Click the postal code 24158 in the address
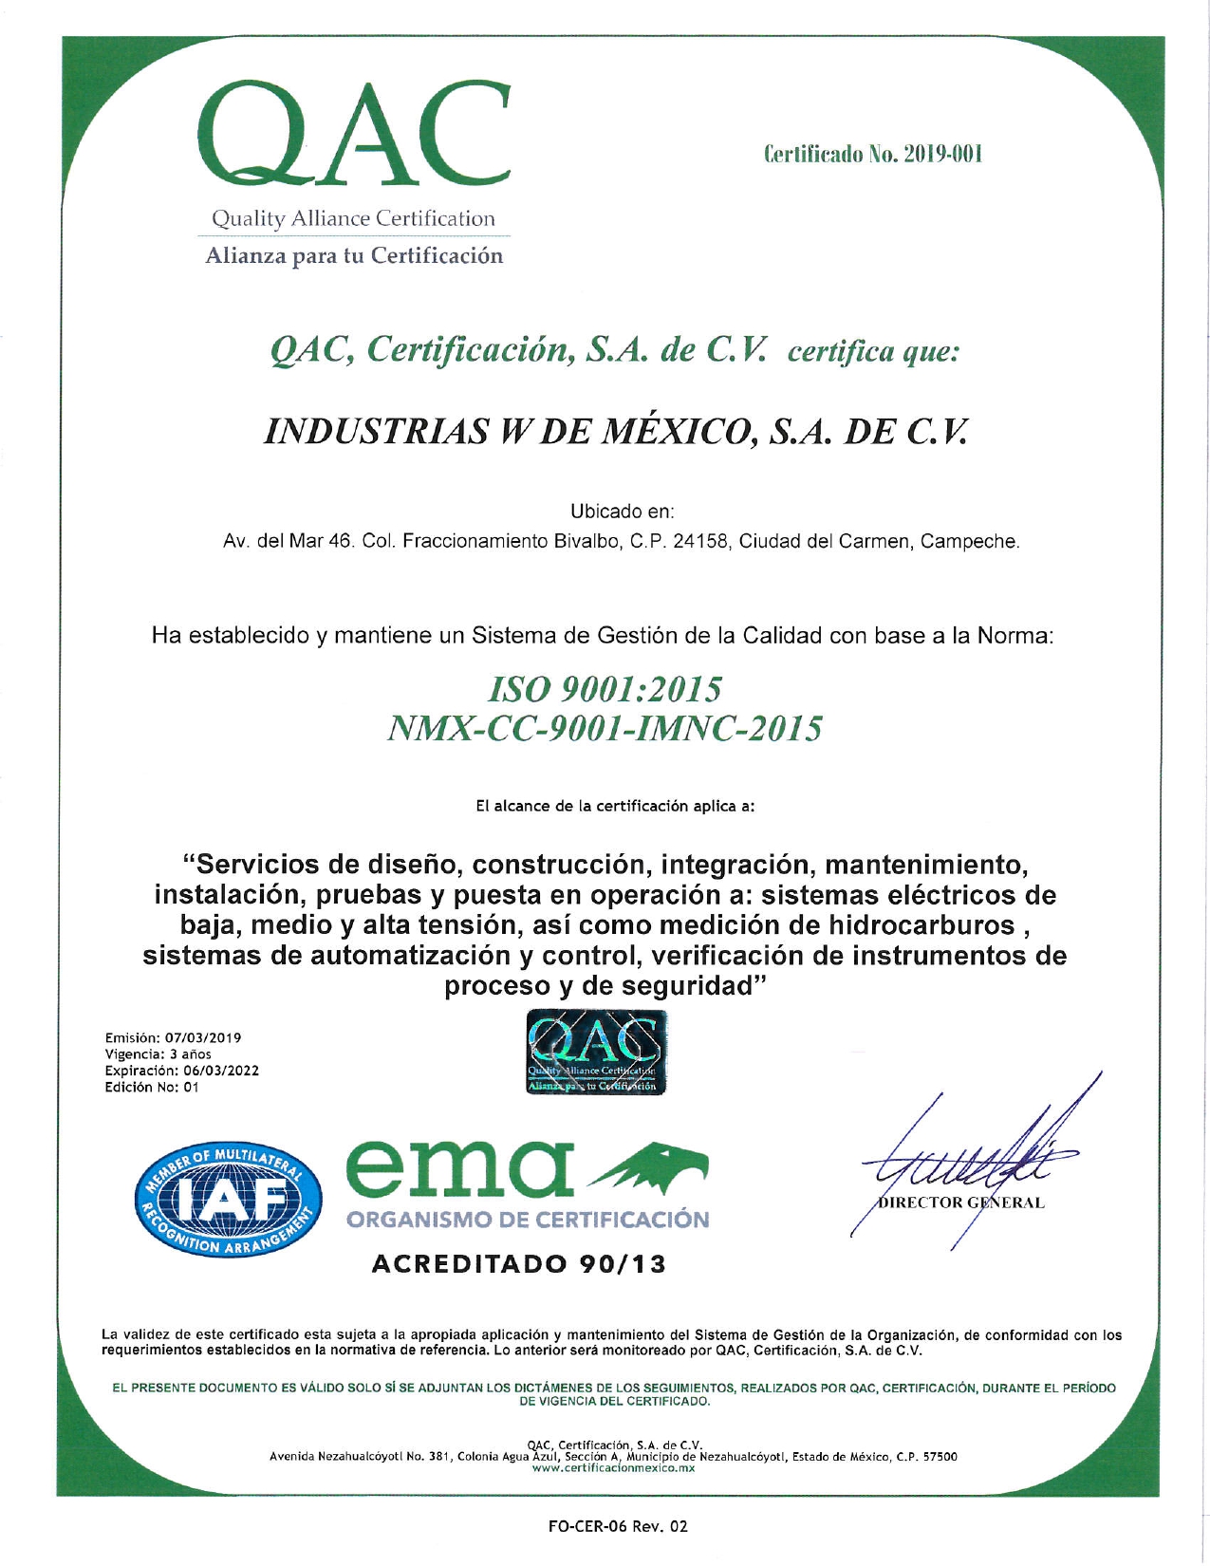[x=700, y=542]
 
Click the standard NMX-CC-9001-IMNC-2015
[x=605, y=729]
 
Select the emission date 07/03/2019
[x=203, y=1037]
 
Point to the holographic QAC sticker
[x=595, y=1053]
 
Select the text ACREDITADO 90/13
[x=518, y=1264]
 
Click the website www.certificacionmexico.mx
[x=613, y=1467]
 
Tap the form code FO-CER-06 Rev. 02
[x=617, y=1526]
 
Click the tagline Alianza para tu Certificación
[x=354, y=256]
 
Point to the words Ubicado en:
[x=622, y=512]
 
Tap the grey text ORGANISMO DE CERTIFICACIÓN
[x=527, y=1220]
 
